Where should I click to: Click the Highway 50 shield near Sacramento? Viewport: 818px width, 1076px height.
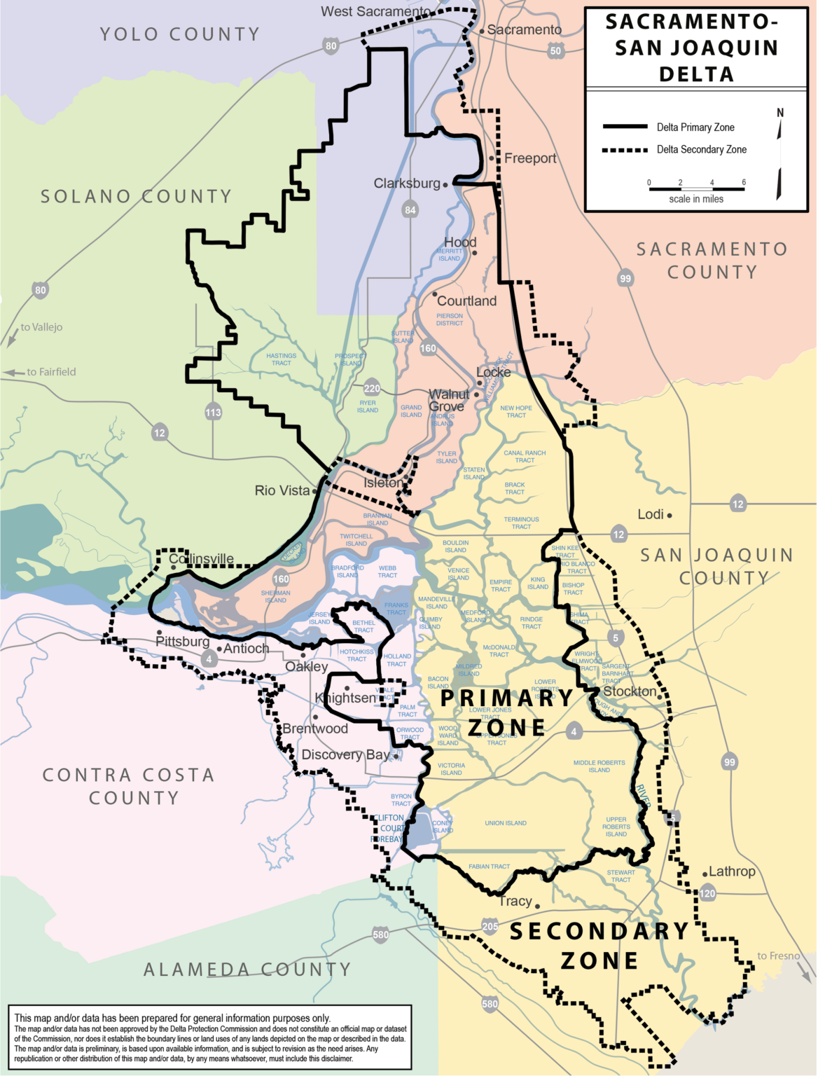click(x=555, y=50)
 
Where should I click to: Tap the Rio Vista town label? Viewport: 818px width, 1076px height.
click(x=282, y=490)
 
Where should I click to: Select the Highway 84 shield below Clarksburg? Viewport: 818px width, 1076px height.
click(x=410, y=209)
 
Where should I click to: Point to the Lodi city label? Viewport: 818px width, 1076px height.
click(x=651, y=514)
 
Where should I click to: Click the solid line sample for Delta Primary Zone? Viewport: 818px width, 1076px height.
click(x=625, y=127)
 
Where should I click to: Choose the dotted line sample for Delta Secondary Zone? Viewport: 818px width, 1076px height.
click(x=625, y=150)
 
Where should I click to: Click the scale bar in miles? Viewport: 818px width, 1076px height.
click(x=696, y=188)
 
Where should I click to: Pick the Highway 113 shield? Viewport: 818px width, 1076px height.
click(x=213, y=412)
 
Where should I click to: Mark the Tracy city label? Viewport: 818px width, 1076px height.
click(x=515, y=901)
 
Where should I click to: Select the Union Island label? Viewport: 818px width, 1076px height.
click(x=506, y=823)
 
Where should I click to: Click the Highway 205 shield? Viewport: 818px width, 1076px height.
click(x=490, y=926)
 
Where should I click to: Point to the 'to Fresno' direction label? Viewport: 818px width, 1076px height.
click(x=778, y=956)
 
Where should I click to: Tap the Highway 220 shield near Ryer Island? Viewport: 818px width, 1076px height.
click(x=372, y=388)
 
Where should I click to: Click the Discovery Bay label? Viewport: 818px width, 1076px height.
click(x=345, y=754)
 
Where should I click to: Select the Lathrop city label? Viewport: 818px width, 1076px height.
click(x=732, y=871)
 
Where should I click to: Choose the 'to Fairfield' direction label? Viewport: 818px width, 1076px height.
click(x=51, y=372)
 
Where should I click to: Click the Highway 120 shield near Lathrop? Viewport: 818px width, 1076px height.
click(x=707, y=893)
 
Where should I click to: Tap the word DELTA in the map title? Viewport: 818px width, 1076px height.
click(x=696, y=74)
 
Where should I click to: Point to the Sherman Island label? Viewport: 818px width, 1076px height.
click(x=275, y=596)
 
